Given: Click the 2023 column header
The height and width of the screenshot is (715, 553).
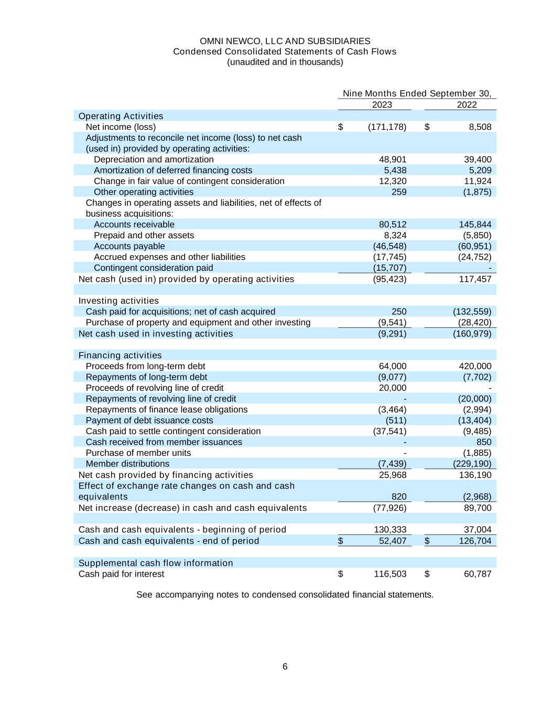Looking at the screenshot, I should [x=382, y=105].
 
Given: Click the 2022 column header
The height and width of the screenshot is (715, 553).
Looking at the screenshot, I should [x=467, y=105].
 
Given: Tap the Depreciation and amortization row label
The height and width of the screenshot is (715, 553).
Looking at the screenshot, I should [x=154, y=159].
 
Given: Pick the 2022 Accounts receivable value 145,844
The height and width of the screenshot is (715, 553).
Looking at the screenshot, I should [x=475, y=225].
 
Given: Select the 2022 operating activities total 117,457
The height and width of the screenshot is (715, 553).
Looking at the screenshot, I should [x=475, y=279].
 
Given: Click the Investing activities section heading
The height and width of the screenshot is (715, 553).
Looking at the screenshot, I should [x=118, y=301].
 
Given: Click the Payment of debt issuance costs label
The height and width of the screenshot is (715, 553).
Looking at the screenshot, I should [x=149, y=421].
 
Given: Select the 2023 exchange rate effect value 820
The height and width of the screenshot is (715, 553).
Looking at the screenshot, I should [x=399, y=497].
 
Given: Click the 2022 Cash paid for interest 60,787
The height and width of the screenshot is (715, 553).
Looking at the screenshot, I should [x=478, y=574].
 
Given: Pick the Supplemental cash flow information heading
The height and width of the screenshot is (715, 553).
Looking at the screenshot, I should [x=156, y=563].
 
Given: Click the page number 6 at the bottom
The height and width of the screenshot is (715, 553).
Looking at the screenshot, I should [x=285, y=667].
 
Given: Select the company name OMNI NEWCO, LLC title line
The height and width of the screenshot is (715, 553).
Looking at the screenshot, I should [x=285, y=41].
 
